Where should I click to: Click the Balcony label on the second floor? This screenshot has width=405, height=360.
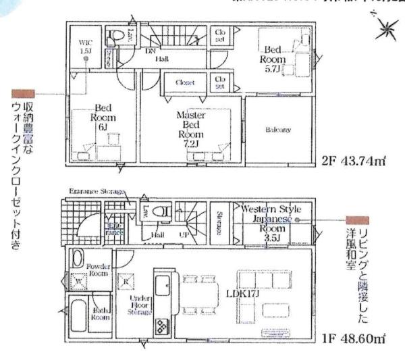click(277, 130)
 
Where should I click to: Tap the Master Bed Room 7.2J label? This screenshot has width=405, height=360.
click(190, 129)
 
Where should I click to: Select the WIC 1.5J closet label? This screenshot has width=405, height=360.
click(85, 45)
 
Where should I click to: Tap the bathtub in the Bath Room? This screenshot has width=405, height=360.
click(79, 319)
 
